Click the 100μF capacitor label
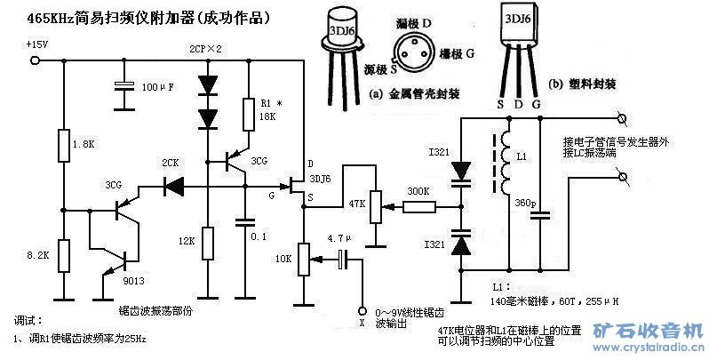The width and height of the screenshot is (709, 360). point(159,87)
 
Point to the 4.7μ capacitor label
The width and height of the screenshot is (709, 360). point(340,239)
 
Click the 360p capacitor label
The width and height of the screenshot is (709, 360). point(525,204)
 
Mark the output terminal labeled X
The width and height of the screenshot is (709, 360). point(362,311)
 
